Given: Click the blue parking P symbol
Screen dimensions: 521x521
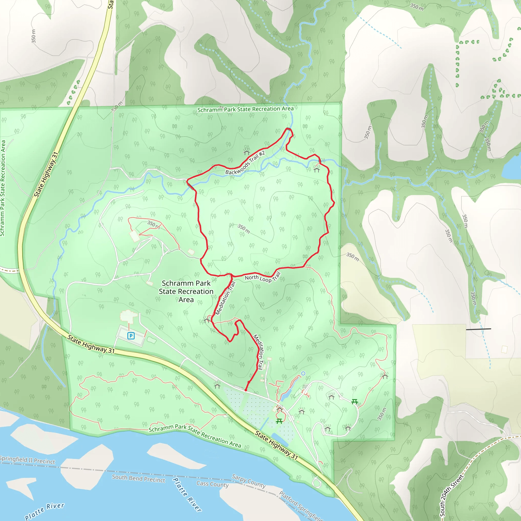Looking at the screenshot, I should point(131,336).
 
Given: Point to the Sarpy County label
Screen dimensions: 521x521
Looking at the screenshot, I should point(249,481).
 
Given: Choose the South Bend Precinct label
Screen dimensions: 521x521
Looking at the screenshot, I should point(139,479).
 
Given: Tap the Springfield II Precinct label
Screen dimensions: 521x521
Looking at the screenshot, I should point(27,460).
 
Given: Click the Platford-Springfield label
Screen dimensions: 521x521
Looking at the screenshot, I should point(300,506).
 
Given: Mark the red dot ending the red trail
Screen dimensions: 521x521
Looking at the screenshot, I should point(246,390).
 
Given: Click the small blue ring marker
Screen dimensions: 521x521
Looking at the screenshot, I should point(303,373).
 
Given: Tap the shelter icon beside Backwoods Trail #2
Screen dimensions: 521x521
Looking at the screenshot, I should point(247,152).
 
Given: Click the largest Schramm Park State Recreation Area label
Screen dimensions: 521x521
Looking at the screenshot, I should point(186,291).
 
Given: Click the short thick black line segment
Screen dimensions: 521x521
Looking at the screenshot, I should point(479,329).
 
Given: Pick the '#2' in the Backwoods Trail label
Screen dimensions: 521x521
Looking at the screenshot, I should point(262,154).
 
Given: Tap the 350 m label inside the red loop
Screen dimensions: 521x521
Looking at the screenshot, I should point(243,229).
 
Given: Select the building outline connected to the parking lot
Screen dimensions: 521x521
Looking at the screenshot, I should point(129,316).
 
